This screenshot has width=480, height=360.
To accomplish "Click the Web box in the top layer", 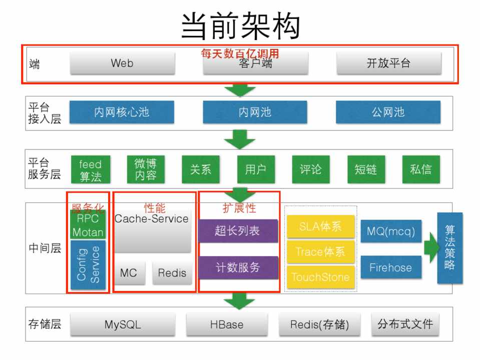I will tap(122, 63).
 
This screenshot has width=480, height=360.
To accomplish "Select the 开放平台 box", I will tap(388, 63).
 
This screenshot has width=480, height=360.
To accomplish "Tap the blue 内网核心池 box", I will tap(122, 112).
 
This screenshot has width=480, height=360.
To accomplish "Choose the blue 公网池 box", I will tap(388, 112).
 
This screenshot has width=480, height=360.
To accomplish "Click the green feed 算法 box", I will tap(90, 169).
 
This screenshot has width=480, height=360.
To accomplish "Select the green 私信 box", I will tap(420, 169).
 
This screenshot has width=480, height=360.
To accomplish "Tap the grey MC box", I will tap(129, 272).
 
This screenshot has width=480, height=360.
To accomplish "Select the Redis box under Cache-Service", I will tap(172, 272).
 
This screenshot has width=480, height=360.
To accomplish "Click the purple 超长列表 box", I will tap(238, 231).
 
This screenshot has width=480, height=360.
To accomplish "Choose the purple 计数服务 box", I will tap(238, 267).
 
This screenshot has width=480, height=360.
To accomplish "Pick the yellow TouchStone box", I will tap(320, 277).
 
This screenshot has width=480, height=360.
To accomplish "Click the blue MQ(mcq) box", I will tap(391, 230).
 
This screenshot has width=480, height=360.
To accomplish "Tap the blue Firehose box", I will tap(391, 267).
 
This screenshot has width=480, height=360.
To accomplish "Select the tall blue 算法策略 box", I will tap(449, 248).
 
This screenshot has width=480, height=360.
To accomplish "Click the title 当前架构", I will tap(240, 26).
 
